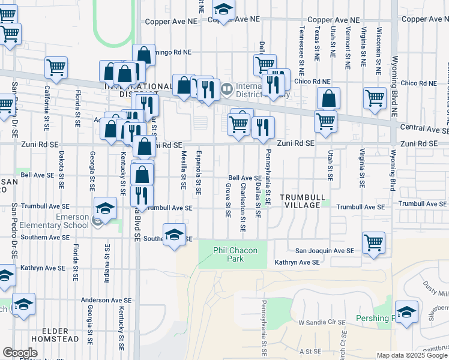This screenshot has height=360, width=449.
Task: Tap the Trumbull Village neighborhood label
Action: pyautogui.click(x=301, y=201)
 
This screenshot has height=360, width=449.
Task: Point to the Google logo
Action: pyautogui.click(x=20, y=353)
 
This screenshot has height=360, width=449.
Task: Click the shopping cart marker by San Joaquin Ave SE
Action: pyautogui.click(x=374, y=244)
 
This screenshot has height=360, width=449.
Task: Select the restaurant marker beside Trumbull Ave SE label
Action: pyautogui.click(x=142, y=195)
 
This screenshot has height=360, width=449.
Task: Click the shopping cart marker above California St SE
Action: pyautogui.click(x=56, y=67)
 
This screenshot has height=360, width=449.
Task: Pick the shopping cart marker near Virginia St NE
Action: pyautogui.click(x=375, y=98)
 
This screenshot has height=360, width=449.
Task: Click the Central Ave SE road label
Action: pyautogui.click(x=424, y=130)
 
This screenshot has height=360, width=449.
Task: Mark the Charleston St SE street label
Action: pyautogui.click(x=243, y=208)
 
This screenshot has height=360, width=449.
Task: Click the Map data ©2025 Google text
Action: pyautogui.click(x=412, y=355)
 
